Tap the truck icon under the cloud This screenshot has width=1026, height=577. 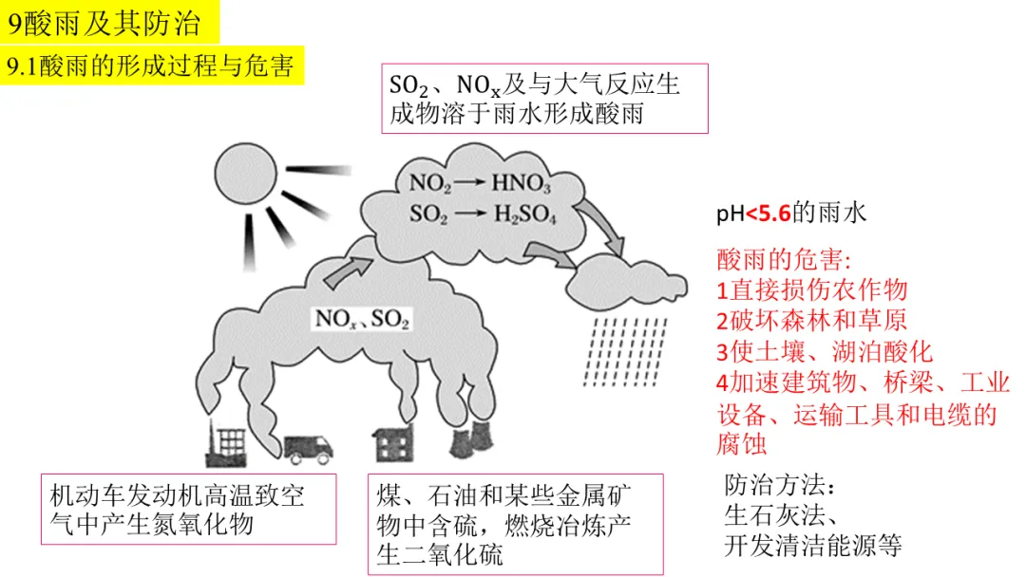coord(308,449)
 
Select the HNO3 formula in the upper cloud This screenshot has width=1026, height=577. coord(520,183)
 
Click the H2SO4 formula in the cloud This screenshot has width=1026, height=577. coord(524,214)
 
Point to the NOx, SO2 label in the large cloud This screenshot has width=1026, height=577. coord(362,319)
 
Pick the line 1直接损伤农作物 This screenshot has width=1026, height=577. coord(812,289)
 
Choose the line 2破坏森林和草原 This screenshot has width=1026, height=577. coord(812,321)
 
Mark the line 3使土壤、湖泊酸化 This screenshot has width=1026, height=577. coord(825,352)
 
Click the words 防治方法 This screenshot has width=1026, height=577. coord(778,486)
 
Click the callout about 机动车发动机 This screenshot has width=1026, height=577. coord(188,510)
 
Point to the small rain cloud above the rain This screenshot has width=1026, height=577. coord(617,280)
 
